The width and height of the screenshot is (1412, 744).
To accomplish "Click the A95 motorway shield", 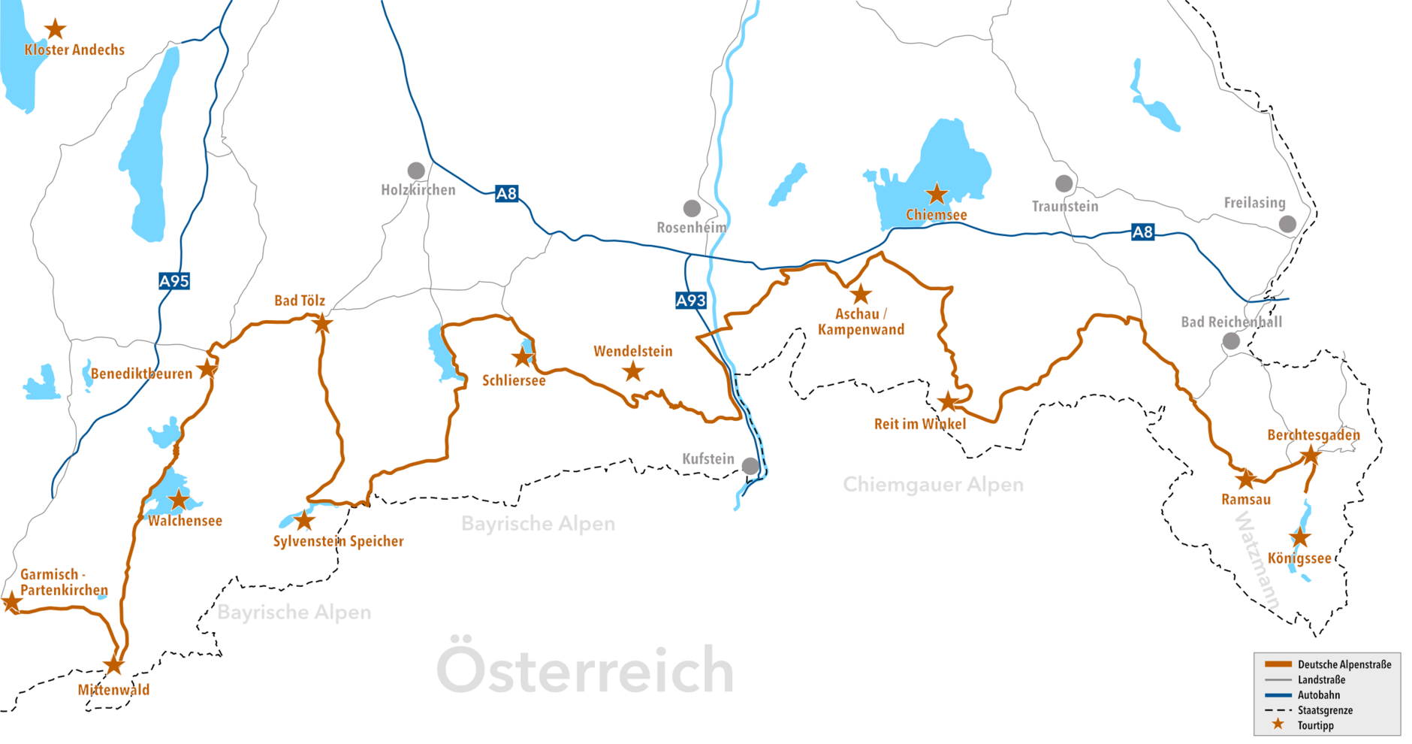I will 174,281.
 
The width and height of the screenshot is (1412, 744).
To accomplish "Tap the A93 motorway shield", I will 691,301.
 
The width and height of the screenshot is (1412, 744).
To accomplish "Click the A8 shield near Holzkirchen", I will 507,193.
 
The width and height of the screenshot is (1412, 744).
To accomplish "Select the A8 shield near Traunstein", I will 1142,232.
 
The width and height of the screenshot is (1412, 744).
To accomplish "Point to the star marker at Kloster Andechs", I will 55,29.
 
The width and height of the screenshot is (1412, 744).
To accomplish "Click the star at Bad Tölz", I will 322,324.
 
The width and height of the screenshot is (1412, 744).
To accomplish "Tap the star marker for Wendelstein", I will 634,370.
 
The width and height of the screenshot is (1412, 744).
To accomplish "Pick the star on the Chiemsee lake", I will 937,194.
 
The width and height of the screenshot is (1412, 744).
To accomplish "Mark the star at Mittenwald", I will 113,665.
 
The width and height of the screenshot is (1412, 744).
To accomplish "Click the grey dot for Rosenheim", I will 692,208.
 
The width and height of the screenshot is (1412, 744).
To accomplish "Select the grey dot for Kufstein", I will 750,466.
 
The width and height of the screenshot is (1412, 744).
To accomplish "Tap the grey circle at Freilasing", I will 1287,223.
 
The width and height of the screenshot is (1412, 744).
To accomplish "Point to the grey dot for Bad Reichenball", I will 1231,341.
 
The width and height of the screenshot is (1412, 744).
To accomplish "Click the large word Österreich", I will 585,670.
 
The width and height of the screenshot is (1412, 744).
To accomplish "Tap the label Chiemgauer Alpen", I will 933,485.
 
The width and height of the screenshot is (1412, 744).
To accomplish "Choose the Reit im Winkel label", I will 920,424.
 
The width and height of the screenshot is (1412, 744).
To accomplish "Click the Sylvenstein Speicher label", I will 338,541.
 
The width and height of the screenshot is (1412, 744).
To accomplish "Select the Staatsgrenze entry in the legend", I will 1325,710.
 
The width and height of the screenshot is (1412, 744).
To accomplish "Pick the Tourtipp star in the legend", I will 1278,724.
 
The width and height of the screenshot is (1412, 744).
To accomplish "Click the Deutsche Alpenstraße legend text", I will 1344,664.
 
